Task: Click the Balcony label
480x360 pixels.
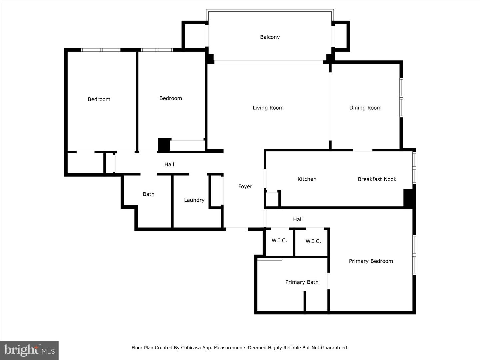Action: click(270, 37)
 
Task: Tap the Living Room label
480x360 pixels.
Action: click(268, 108)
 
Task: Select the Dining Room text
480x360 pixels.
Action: click(365, 108)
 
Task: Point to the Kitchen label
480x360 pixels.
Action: click(307, 179)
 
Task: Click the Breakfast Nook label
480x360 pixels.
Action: click(377, 179)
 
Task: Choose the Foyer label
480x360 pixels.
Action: click(245, 186)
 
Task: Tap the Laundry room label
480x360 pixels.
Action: click(194, 200)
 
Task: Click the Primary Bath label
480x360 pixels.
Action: click(302, 282)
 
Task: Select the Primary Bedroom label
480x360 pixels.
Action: click(371, 261)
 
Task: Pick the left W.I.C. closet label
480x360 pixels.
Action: click(279, 240)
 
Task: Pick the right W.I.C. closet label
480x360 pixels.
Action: click(313, 241)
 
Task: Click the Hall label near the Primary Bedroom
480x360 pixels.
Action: click(298, 219)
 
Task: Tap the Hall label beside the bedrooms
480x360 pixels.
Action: click(169, 164)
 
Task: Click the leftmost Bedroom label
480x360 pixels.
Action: click(99, 99)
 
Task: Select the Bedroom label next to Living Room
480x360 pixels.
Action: click(170, 98)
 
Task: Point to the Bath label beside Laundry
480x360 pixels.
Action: click(148, 194)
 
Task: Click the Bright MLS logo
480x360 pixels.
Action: click(29, 350)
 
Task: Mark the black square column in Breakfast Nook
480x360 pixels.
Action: click(409, 198)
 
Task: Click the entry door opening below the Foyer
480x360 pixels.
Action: click(237, 229)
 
